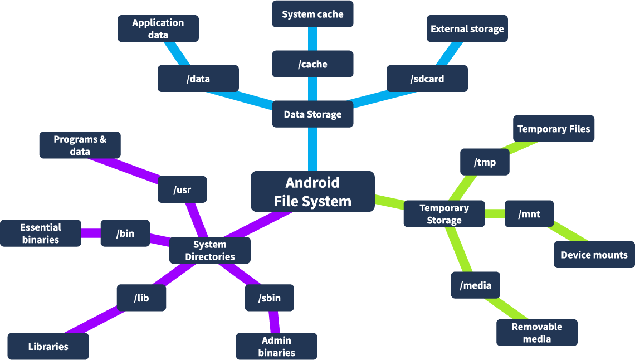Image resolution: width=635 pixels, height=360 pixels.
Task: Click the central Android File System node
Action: point(312,191)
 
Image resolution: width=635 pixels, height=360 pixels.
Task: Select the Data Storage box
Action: point(312,114)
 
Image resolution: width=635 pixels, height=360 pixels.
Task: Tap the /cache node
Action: point(312,64)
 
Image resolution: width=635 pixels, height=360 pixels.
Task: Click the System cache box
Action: point(312,14)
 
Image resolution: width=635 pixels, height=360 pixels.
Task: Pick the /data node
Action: point(198,79)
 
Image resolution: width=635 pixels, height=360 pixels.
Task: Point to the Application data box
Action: point(158,28)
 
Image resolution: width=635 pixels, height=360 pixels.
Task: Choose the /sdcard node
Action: point(427,79)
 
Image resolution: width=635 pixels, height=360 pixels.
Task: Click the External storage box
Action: point(467,28)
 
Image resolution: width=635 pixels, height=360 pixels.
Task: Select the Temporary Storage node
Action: point(444,214)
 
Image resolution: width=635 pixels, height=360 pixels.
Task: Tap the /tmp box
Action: point(485,162)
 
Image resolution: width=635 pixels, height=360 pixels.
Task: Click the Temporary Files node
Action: point(554,129)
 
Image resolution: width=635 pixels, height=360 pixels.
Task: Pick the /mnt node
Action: point(529,213)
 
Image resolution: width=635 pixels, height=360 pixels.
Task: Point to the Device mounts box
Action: point(594,255)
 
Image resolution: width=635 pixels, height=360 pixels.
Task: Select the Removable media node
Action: point(537,333)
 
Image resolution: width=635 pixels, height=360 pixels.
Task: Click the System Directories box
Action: point(210,250)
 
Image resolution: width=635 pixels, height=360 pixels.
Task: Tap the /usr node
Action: point(182,189)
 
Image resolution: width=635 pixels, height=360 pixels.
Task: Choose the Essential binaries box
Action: point(41,233)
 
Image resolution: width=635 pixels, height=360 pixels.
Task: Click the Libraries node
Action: point(48,346)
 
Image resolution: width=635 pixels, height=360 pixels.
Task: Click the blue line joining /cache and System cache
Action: point(312,39)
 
